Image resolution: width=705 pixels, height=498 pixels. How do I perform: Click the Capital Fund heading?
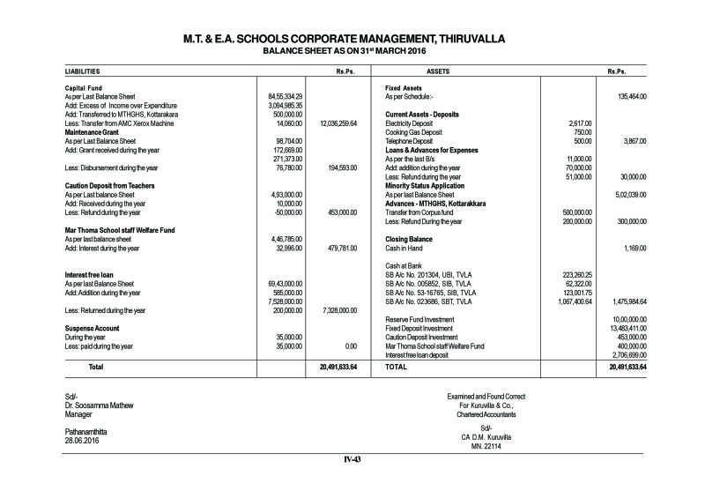coord(85,88)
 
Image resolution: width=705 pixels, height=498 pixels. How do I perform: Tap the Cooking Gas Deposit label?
coord(418,132)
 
